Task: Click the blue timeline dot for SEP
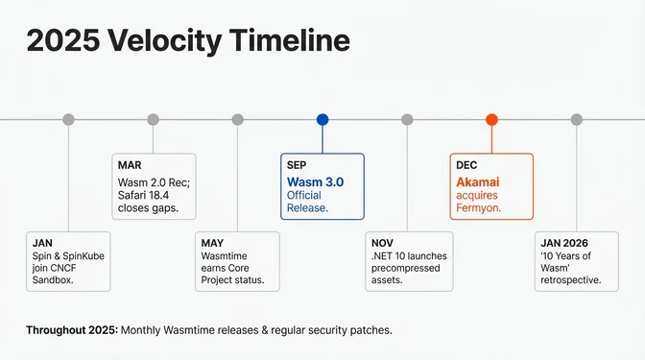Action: (322, 119)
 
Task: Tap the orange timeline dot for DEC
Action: (491, 119)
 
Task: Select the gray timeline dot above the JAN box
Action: (68, 119)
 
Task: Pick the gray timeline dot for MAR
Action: (153, 119)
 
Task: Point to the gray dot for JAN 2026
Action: (576, 119)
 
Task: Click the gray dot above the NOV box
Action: (407, 119)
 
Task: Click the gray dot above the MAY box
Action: (238, 119)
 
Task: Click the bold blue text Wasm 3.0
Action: (314, 181)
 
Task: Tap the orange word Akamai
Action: (478, 181)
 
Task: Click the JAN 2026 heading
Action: (564, 243)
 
